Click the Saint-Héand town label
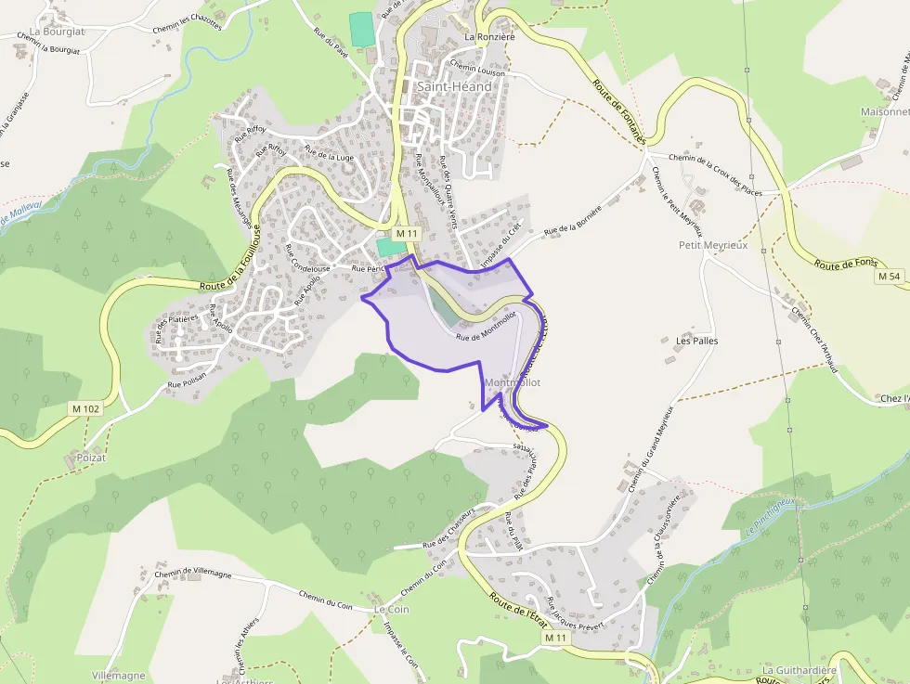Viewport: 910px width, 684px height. pyautogui.click(x=453, y=86)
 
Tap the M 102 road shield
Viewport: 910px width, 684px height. pyautogui.click(x=85, y=407)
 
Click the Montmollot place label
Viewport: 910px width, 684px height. pyautogui.click(x=512, y=382)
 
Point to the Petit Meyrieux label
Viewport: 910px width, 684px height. pyautogui.click(x=713, y=245)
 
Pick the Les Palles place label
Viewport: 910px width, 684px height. pyautogui.click(x=696, y=341)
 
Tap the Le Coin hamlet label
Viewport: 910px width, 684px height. pyautogui.click(x=391, y=609)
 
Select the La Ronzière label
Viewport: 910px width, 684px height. pyautogui.click(x=489, y=37)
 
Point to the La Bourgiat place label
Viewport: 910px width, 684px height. pyautogui.click(x=57, y=32)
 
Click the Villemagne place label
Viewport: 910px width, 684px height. pyautogui.click(x=119, y=676)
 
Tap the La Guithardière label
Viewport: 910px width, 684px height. pyautogui.click(x=799, y=670)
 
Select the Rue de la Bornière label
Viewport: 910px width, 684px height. pyautogui.click(x=573, y=219)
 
